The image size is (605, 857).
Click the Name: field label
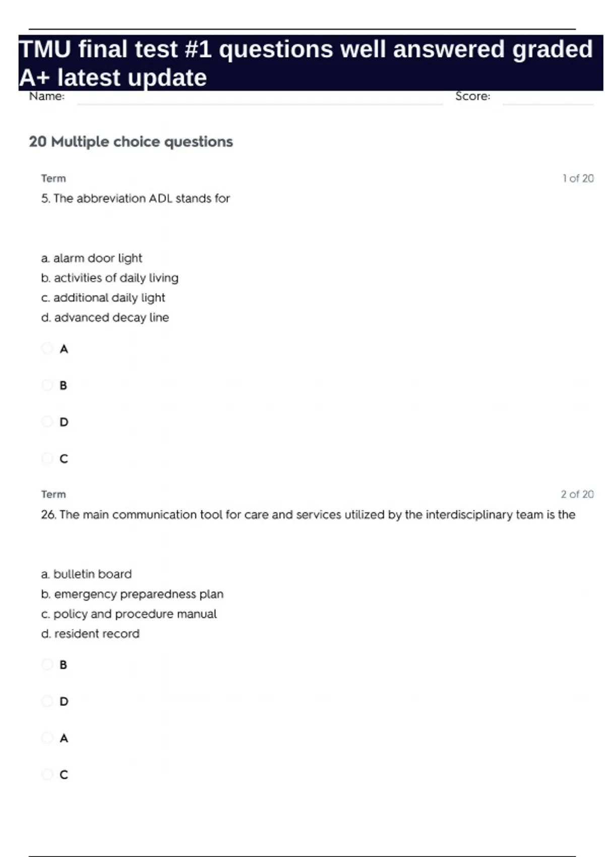click(47, 96)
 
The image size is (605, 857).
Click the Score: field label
click(472, 96)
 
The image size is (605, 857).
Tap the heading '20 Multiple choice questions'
click(131, 142)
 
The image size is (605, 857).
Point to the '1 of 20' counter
click(578, 178)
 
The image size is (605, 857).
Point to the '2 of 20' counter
click(577, 495)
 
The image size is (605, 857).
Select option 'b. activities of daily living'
click(109, 278)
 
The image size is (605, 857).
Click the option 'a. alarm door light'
click(91, 258)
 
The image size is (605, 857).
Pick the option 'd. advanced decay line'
click(105, 318)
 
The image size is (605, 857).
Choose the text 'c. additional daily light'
click(103, 298)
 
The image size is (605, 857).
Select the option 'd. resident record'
click(90, 634)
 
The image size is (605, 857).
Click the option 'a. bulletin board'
click(86, 574)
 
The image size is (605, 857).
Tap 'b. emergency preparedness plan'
click(132, 594)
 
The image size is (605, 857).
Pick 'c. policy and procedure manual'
click(129, 614)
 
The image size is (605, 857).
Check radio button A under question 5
click(47, 348)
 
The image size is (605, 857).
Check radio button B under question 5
click(47, 385)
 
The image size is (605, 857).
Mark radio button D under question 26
click(47, 701)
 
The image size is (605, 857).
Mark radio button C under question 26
click(47, 774)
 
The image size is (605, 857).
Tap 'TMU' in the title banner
click(45, 49)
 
